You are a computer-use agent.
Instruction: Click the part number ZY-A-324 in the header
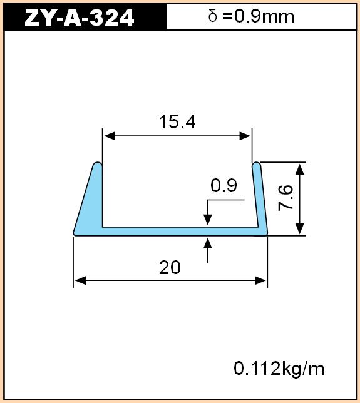pyautogui.click(x=79, y=18)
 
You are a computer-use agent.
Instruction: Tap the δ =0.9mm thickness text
pyautogui.click(x=251, y=16)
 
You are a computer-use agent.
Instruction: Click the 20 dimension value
pyautogui.click(x=170, y=268)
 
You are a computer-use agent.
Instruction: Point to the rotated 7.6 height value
pyautogui.click(x=285, y=198)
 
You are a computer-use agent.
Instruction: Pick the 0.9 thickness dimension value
pyautogui.click(x=224, y=186)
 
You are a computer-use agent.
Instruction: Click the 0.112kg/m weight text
pyautogui.click(x=279, y=369)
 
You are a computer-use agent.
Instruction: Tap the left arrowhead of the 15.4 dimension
pyautogui.click(x=109, y=136)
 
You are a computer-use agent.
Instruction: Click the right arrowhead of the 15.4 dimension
pyautogui.click(x=245, y=136)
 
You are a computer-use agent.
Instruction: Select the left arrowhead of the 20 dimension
pyautogui.click(x=80, y=280)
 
